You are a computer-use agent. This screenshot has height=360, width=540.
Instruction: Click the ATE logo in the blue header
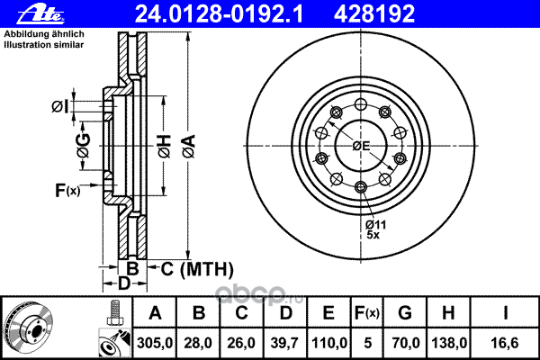40,14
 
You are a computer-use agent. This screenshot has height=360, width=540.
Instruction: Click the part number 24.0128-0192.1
219,14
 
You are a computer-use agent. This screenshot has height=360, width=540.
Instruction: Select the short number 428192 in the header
374,14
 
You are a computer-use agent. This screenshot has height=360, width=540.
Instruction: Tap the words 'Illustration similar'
44,45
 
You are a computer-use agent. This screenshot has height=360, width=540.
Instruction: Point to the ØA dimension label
189,147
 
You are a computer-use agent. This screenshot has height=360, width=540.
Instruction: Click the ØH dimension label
165,147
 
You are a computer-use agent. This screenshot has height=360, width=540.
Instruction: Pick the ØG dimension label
84,146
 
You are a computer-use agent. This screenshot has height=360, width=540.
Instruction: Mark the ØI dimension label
60,106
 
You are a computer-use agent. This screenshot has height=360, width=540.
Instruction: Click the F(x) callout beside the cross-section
67,190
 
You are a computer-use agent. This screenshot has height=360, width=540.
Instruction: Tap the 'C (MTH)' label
197,269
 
